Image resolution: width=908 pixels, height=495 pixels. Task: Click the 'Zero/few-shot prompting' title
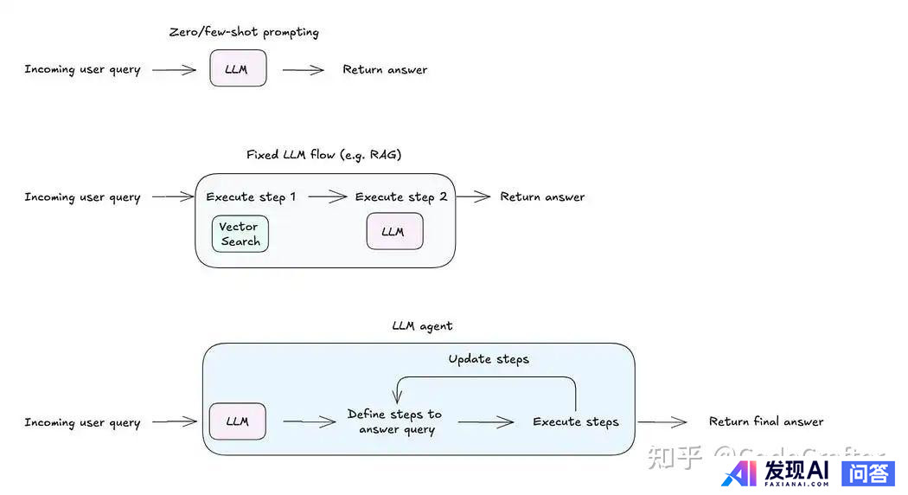[244, 32]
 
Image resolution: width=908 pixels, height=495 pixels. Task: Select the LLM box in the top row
[238, 68]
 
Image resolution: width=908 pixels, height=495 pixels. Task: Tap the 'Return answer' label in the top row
[385, 69]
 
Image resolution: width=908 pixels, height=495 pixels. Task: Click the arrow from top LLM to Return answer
[303, 70]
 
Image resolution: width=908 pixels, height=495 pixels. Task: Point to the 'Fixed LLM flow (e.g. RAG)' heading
[323, 155]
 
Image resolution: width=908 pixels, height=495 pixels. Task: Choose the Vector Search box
[240, 234]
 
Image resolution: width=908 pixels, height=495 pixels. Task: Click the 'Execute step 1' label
[251, 197]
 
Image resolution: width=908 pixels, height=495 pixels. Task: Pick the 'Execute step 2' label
[401, 197]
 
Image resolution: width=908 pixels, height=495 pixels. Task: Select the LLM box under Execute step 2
[394, 232]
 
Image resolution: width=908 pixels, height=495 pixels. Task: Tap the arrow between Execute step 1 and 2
[327, 197]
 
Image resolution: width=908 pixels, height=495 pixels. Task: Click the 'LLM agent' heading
[422, 326]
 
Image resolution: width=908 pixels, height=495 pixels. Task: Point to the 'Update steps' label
[489, 359]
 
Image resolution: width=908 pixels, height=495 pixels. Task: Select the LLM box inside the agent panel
[237, 421]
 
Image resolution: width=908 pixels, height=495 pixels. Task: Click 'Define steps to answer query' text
[394, 421]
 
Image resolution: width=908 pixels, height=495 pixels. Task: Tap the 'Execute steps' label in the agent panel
[576, 422]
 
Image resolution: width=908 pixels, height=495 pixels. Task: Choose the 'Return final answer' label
[766, 421]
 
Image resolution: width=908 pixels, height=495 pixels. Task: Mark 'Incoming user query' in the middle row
[82, 197]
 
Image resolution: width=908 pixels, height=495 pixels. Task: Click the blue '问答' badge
[867, 472]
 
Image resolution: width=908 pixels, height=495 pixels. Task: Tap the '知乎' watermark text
[675, 458]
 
